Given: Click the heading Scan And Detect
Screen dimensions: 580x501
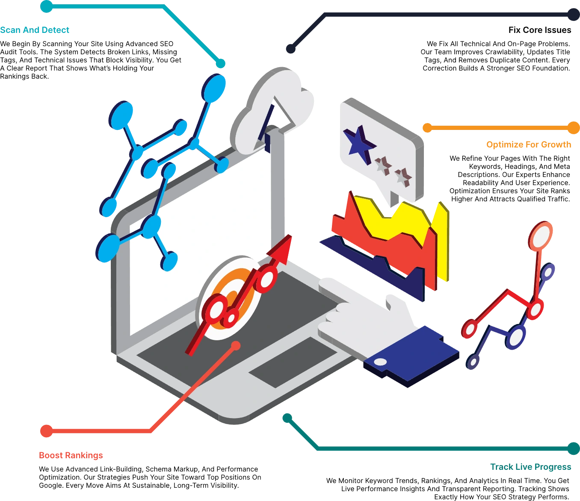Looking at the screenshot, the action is (35, 30).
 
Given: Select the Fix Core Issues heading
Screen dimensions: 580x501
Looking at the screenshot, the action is (540, 30).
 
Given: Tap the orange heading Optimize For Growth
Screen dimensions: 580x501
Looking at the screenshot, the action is (529, 144).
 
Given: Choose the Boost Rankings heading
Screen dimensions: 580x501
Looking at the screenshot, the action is (71, 455).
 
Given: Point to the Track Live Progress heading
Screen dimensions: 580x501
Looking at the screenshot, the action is (530, 467).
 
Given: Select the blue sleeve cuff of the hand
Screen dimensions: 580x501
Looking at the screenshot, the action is (411, 356).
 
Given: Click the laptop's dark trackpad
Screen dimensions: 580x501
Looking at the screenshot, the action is (293, 362).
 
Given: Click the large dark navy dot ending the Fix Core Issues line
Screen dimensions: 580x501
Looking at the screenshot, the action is (574, 15).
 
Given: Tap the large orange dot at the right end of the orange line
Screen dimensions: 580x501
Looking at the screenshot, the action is (574, 128).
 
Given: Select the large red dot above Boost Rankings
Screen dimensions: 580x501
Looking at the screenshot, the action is (47, 431).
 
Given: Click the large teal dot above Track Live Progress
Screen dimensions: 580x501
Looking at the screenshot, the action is (574, 448).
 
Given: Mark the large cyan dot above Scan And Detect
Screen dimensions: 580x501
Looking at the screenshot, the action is (47, 6).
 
